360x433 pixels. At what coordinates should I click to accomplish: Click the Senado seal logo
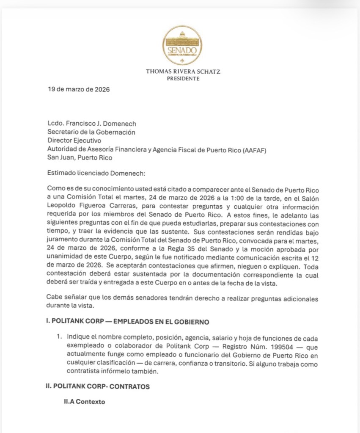(182, 46)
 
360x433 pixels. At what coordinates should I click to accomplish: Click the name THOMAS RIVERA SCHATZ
(183, 72)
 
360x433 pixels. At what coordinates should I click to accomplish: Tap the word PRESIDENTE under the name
(183, 79)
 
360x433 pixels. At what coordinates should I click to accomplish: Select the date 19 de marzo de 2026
(78, 89)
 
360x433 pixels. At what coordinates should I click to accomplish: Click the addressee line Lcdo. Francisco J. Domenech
(91, 124)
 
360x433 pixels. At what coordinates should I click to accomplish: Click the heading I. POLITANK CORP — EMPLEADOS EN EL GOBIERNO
(128, 321)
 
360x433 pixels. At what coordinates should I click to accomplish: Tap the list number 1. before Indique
(60, 337)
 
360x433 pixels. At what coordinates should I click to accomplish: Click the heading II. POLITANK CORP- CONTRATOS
(98, 386)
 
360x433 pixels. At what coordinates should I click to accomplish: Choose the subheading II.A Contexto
(84, 402)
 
